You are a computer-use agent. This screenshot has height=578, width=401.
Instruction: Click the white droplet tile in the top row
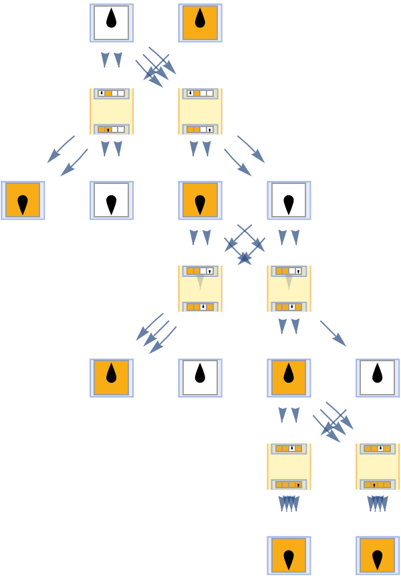tap(112, 23)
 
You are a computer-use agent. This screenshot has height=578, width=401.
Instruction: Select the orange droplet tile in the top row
tap(200, 23)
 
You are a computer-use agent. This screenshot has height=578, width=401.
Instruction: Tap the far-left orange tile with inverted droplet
tap(23, 200)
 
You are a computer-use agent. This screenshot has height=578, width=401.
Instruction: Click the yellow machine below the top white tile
tap(112, 111)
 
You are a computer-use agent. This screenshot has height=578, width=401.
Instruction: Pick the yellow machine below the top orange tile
tap(200, 111)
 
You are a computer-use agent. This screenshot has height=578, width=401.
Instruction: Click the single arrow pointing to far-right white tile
tap(332, 333)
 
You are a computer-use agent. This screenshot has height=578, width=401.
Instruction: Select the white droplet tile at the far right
tap(378, 378)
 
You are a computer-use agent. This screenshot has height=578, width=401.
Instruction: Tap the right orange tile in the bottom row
tap(378, 555)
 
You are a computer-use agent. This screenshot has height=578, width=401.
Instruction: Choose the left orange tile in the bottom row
tap(289, 555)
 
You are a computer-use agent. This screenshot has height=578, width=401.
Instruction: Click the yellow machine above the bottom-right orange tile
tap(378, 466)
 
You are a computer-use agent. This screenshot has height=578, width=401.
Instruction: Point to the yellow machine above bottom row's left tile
tap(289, 466)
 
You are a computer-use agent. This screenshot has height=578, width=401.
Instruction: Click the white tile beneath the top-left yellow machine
tap(112, 200)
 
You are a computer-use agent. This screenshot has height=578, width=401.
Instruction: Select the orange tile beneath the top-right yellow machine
tap(200, 200)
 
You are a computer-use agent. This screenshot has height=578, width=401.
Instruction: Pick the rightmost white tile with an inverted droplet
tap(289, 200)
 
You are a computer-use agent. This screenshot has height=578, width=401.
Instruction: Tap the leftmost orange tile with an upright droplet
tap(112, 378)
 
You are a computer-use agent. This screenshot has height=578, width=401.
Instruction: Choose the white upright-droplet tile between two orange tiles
tap(200, 378)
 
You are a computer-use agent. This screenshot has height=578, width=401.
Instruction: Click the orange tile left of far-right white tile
tap(289, 378)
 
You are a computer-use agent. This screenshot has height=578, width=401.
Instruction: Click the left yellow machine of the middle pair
tap(200, 288)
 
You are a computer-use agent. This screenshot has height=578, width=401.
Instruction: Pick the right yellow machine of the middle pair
tap(289, 288)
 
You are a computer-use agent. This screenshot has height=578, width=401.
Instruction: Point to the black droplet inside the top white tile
tap(112, 19)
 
